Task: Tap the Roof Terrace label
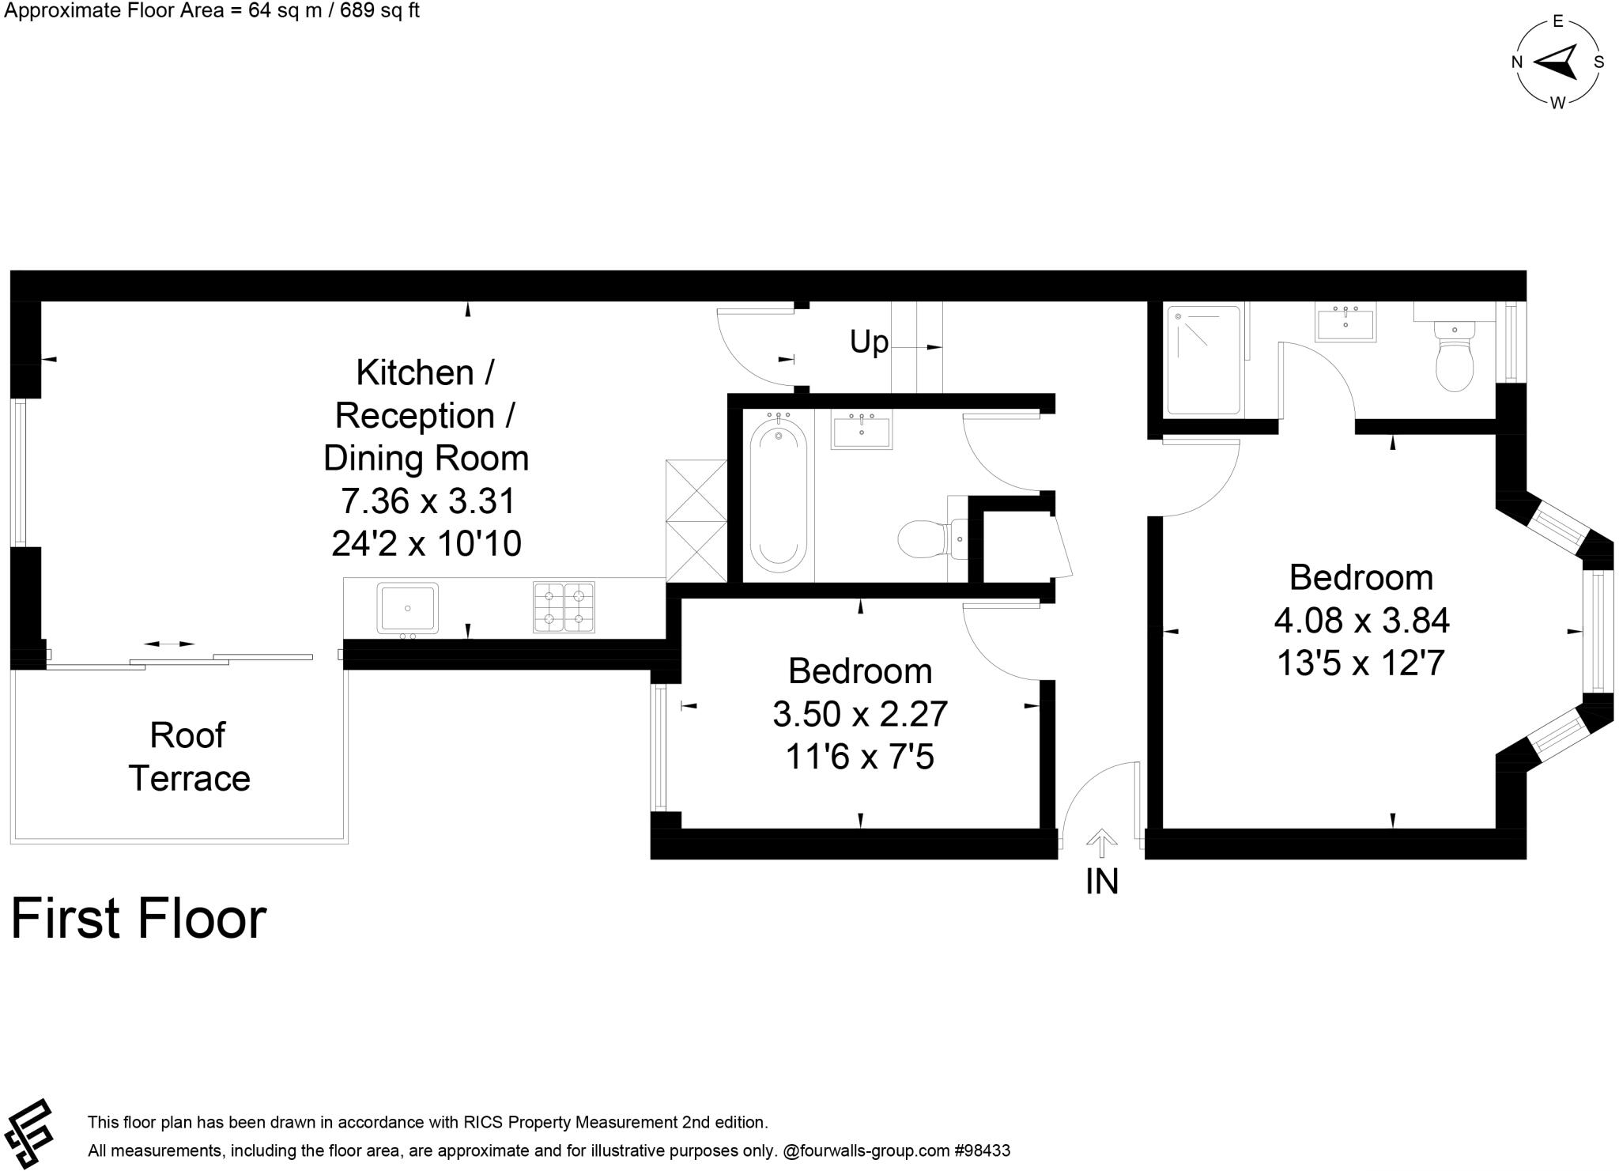[x=189, y=757]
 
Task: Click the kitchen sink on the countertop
[x=407, y=607]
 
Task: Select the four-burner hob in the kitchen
[x=564, y=607]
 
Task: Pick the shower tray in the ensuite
[x=1203, y=360]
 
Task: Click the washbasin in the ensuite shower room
[x=1345, y=324]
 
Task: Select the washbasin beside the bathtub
[x=861, y=430]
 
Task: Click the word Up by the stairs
[x=869, y=342]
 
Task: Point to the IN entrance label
[x=1102, y=882]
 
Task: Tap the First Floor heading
[x=138, y=918]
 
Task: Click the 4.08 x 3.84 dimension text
[x=1361, y=621]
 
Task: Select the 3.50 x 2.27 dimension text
[x=860, y=714]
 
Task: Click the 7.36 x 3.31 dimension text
[x=428, y=501]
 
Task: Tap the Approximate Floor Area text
[x=212, y=11]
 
